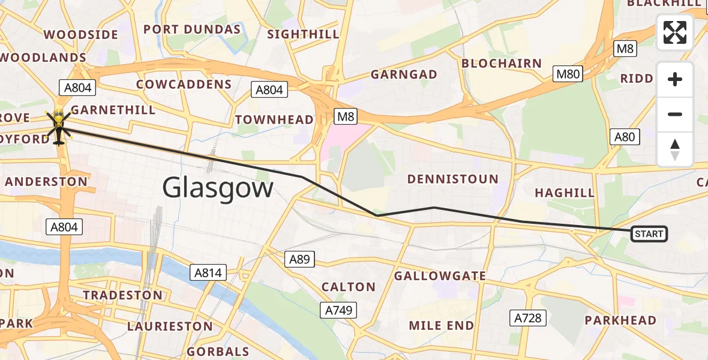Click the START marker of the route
pyautogui.click(x=649, y=234)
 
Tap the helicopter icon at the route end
pyautogui.click(x=59, y=125)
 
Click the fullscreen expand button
pyautogui.click(x=675, y=32)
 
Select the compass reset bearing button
pyautogui.click(x=675, y=149)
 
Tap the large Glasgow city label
pyautogui.click(x=218, y=188)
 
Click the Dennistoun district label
pyautogui.click(x=452, y=179)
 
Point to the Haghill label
pyautogui.click(x=564, y=193)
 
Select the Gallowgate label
pyautogui.click(x=440, y=275)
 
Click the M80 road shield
pyautogui.click(x=568, y=74)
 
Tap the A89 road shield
pyautogui.click(x=299, y=259)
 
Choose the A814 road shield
pyautogui.click(x=208, y=273)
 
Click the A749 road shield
pyautogui.click(x=340, y=310)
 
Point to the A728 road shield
pyautogui.click(x=528, y=318)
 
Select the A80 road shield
pyautogui.click(x=624, y=137)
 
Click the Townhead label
pyautogui.click(x=274, y=119)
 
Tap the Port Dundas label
pyautogui.click(x=192, y=29)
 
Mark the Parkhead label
pyautogui.click(x=620, y=320)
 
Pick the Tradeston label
pyautogui.click(x=122, y=295)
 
